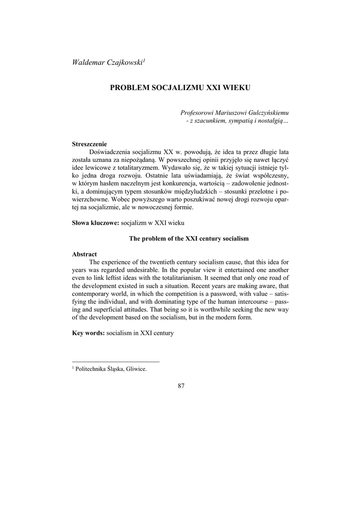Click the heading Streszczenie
coord(90,144)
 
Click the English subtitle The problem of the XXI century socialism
coord(188,239)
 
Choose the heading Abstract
coord(85,254)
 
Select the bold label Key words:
coord(88,333)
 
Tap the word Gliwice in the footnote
coord(136,370)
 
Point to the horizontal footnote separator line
coord(116,362)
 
